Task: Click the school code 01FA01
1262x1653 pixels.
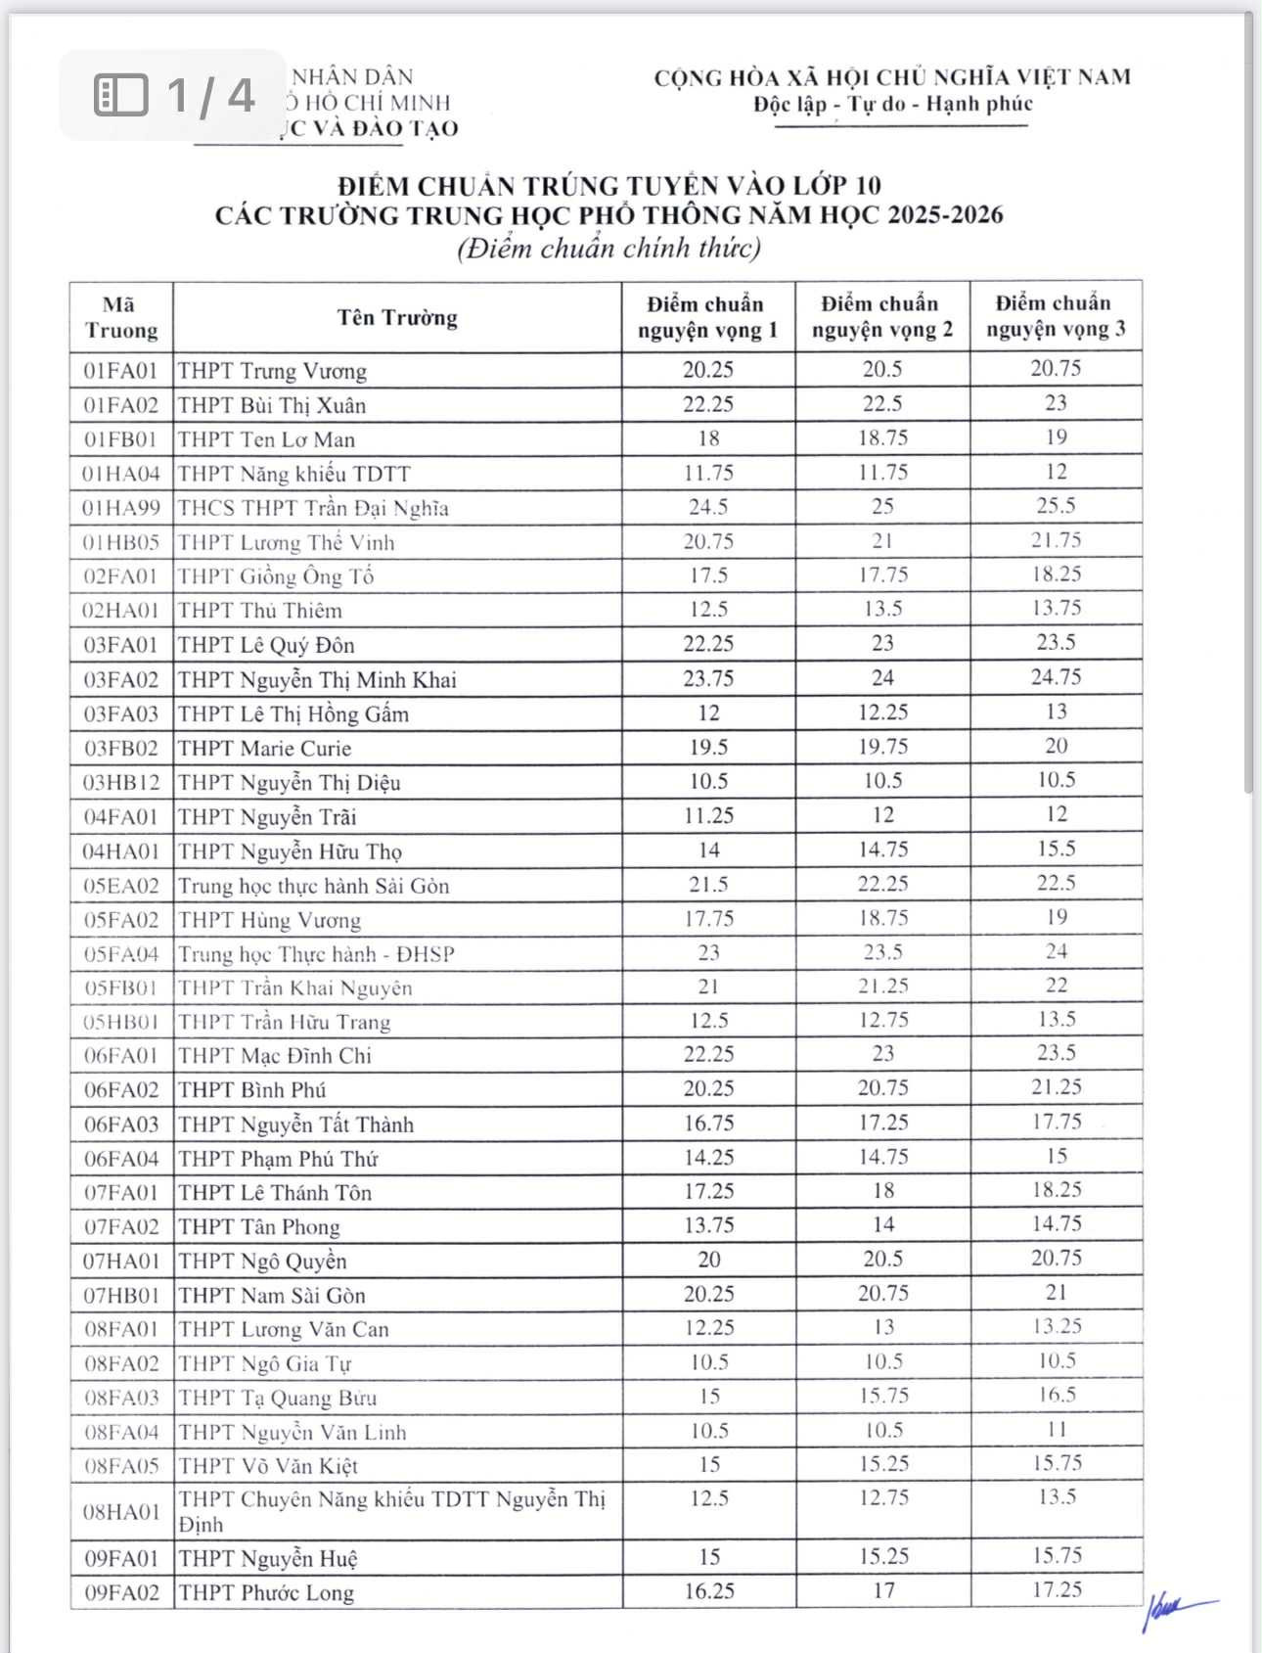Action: point(120,371)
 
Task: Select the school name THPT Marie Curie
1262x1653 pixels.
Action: point(264,749)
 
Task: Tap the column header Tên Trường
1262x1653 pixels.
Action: point(397,317)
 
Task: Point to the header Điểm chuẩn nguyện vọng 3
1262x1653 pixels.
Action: point(1056,316)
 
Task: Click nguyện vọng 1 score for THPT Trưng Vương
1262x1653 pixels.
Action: point(708,370)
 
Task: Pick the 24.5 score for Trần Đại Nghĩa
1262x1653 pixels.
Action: point(708,507)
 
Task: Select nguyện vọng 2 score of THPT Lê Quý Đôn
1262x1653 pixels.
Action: point(882,643)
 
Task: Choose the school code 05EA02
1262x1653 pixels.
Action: point(120,886)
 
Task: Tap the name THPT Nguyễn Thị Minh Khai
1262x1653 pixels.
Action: point(317,679)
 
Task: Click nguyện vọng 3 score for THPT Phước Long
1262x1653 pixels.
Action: point(1057,1589)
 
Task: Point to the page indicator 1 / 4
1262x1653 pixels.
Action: point(210,95)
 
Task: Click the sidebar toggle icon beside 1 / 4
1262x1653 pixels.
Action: point(121,95)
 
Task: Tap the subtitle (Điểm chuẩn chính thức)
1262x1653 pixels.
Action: point(608,248)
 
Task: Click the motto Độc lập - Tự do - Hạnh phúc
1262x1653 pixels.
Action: point(892,104)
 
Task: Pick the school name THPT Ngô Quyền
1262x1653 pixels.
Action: point(262,1261)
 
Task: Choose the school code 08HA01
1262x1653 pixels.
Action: point(120,1511)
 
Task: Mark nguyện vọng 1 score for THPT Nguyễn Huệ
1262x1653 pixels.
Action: point(708,1556)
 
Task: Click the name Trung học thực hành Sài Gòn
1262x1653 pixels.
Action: point(313,886)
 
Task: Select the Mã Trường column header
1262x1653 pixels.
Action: point(120,317)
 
